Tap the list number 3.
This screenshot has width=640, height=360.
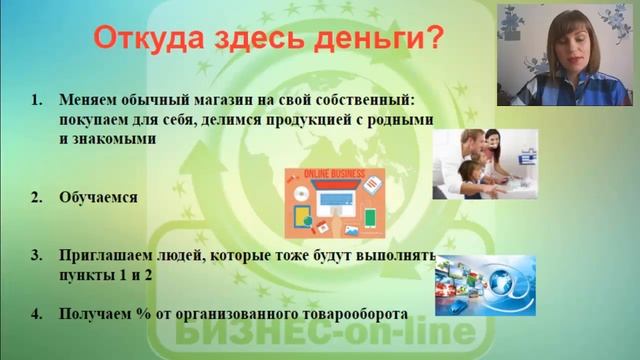(x=36, y=257)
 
